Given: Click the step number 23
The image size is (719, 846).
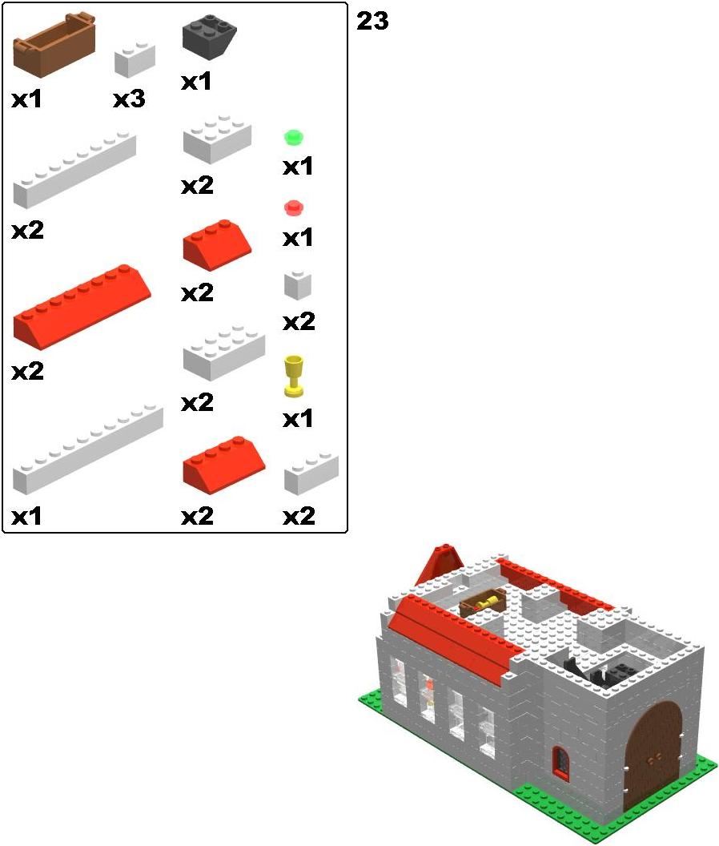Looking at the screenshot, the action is pos(372,21).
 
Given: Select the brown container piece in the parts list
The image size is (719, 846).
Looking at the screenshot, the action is pos(54,45).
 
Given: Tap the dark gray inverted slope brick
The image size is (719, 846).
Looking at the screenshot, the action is pos(209,37).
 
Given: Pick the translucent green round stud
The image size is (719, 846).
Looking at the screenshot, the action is pos(294,138).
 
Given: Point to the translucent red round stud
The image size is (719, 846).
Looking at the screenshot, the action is pos(294,207).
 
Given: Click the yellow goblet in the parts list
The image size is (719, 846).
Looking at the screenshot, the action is pos(293,376).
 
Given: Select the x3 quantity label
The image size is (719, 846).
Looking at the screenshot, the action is pos(130,99).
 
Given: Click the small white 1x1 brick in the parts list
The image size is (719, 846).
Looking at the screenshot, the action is pos(298,285).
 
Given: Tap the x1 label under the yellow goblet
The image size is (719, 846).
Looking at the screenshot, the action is pos(298,419).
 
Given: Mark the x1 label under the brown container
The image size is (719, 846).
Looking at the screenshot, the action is pos(26,99).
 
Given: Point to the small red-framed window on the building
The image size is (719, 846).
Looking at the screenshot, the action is pos(561,763).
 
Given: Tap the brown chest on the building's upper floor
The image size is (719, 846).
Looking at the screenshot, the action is pos(483,602).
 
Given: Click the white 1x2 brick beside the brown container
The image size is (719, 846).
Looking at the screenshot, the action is pos(135,59).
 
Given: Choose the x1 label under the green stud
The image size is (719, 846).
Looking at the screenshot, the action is pos(298,166).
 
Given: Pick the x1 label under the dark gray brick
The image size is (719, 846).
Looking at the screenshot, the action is pos(196,82).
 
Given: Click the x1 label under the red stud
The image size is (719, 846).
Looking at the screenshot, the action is pos(298,237).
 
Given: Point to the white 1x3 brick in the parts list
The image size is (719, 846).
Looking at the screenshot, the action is pos(311,473).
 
